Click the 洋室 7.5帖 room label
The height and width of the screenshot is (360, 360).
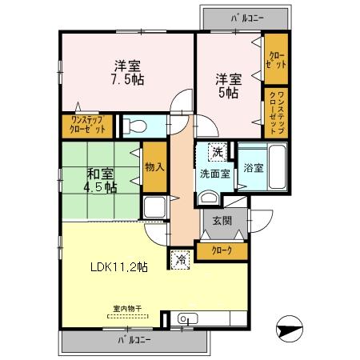126,72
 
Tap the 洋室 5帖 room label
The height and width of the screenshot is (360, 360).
226,86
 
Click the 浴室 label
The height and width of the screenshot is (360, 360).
254,169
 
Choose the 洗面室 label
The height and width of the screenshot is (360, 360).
214,170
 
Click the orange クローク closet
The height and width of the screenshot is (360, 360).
222,251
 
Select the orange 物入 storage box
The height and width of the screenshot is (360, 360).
154,166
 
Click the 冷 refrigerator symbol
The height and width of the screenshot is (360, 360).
181,258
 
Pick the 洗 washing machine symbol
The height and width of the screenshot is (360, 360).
217,150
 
